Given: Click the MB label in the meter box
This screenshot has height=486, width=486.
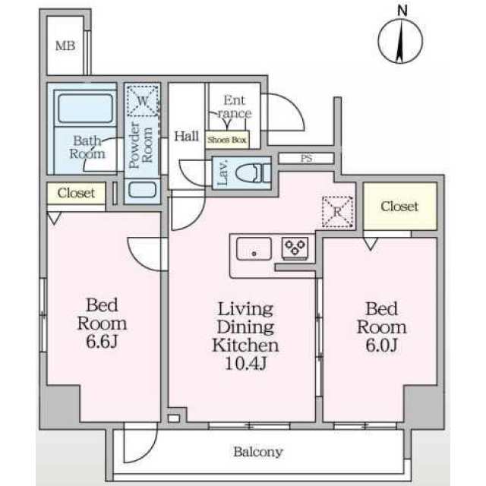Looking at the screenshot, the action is coord(65,46).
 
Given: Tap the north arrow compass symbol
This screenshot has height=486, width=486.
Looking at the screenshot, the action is coord(400,41).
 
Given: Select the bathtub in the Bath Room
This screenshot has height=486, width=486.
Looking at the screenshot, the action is coord(85,108).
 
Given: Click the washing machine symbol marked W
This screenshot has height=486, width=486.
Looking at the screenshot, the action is coord(143,101).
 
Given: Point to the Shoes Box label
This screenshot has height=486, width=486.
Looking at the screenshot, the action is coord(227,140).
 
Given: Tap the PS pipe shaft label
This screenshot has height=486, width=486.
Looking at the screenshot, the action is coord(306,159).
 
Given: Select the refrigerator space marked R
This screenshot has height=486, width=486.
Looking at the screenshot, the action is coord(337,213).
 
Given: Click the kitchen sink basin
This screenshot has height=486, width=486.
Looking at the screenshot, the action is coord(254,249).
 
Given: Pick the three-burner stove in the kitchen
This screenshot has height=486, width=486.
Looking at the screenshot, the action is coord(295,248).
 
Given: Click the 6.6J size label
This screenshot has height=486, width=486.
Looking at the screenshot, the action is coord(102,342).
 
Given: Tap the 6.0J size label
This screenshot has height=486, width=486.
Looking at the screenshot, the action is coord(381,345).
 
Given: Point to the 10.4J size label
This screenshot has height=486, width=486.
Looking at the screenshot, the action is coord(245,363).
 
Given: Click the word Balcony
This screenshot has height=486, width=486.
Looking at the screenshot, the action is coord(258,452).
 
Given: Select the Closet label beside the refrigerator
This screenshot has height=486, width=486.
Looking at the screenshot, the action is coord(399,206).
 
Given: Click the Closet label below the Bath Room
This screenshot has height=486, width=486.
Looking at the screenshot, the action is coord(76,193).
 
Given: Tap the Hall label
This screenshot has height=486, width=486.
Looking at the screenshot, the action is coord(186,136).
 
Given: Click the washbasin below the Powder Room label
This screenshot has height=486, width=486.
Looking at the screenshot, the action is coord(142,190).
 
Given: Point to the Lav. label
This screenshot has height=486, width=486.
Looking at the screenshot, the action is coord(222,173).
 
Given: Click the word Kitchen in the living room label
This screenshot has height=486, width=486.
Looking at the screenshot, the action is coord(245,346).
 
